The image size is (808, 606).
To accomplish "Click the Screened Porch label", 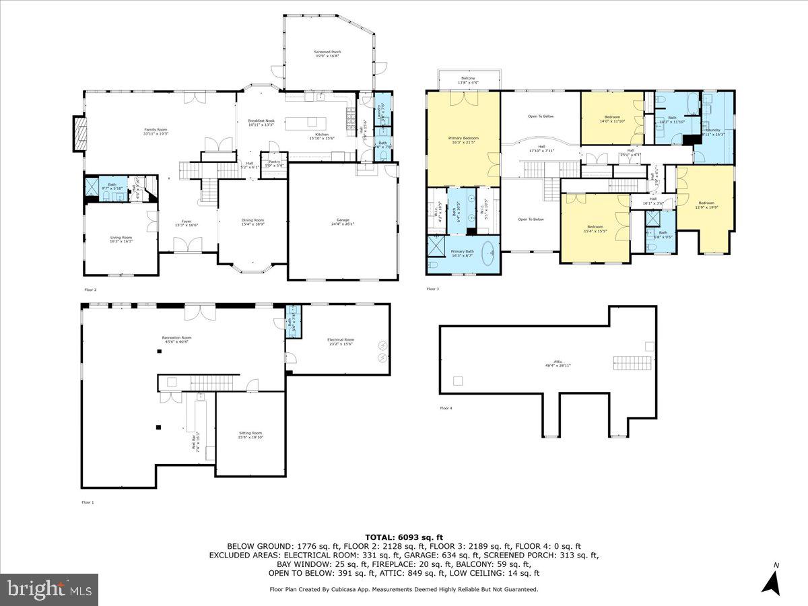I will coord(328,55).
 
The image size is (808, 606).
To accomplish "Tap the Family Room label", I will coord(155,131).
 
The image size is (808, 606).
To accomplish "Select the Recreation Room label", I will coord(176,339).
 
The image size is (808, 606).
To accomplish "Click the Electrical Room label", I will coord(340,341).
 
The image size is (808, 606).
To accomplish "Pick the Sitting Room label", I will coord(250,435).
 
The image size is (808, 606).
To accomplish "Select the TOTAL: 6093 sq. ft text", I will coord(403,536).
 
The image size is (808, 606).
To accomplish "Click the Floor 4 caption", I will coord(446,408).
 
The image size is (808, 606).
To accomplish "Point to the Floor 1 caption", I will coord(88,502).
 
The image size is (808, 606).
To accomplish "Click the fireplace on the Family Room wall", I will coord(80,134).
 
